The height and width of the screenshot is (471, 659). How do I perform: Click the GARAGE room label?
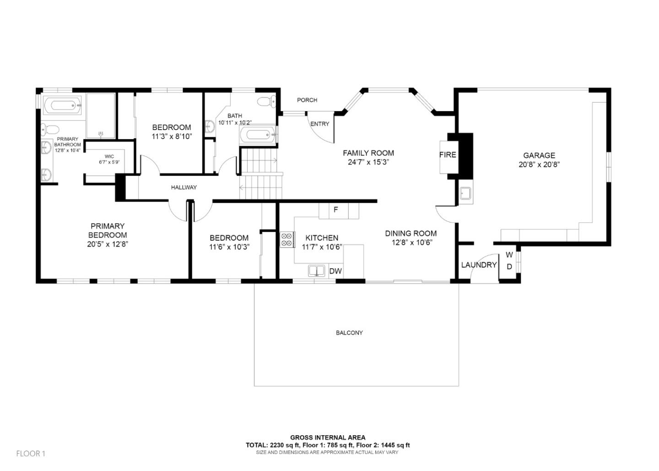tap(539, 156)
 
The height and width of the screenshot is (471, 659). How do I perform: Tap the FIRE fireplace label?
tap(447, 155)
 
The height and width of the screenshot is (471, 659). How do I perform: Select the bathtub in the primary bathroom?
tap(63, 106)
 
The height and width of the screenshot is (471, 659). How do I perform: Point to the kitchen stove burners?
tap(287, 240)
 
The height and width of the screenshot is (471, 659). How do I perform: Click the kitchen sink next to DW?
tap(316, 271)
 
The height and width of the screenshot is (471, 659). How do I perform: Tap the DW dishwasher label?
tap(335, 271)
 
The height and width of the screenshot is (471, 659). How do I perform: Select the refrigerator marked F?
tap(335, 210)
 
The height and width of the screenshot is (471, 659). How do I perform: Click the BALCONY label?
tap(349, 333)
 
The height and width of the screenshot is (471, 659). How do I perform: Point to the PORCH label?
tap(307, 100)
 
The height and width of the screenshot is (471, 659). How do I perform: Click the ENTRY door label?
tap(319, 124)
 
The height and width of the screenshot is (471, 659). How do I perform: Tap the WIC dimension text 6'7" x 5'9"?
tap(109, 162)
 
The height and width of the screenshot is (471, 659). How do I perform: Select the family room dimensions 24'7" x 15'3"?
tap(368, 162)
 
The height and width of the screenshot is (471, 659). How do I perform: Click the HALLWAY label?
tap(184, 187)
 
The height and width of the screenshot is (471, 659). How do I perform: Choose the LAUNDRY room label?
tap(479, 265)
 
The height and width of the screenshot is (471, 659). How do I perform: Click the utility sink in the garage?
tap(465, 194)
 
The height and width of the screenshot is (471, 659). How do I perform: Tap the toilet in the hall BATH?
tap(265, 101)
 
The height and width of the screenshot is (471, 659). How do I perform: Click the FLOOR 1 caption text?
tap(31, 454)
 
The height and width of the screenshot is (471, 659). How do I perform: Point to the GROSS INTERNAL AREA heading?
tap(328, 438)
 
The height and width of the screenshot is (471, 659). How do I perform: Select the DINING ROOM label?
tap(411, 233)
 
